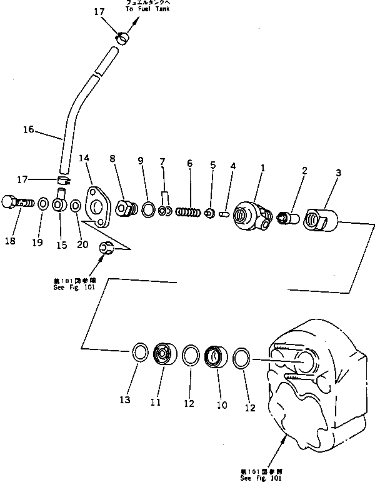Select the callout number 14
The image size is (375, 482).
(x=84, y=159)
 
